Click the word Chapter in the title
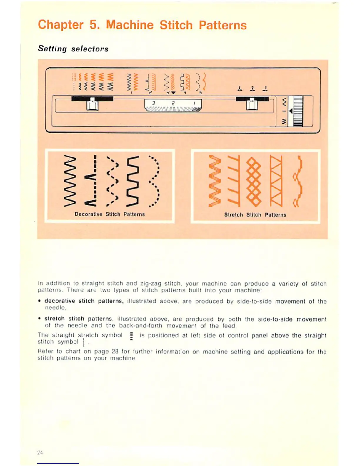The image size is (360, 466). tap(61, 25)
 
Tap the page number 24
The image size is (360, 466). tap(40, 452)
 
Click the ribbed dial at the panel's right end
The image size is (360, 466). tap(298, 111)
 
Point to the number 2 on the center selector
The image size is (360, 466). tap(173, 104)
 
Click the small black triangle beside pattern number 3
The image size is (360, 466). tap(173, 93)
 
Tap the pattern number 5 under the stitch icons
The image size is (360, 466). tap(201, 93)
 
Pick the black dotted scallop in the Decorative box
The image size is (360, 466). tap(154, 181)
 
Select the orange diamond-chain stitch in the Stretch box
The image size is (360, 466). tap(254, 181)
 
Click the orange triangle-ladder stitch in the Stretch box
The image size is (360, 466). tap(276, 181)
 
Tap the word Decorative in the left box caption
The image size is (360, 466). tap(88, 214)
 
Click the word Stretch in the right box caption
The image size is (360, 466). tap(234, 215)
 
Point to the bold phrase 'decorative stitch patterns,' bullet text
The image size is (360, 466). tap(84, 301)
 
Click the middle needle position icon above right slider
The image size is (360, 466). tap(252, 89)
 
